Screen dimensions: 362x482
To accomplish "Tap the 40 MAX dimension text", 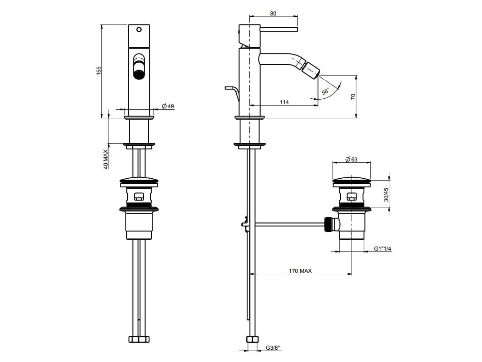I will point(106,160).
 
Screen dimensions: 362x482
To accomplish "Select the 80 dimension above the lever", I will point(273,14).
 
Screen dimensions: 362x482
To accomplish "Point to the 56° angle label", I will point(325,91).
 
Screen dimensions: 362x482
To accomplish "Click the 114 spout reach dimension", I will point(284,102).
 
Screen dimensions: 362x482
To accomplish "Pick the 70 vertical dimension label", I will point(353,96).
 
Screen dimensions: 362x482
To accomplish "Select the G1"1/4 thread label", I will point(383,248).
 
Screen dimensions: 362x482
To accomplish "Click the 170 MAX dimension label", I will point(300,271).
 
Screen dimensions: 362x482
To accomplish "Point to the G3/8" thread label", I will point(273,348).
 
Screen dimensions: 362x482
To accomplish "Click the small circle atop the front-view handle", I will point(139,30).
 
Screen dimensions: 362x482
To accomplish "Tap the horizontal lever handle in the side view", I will point(279,30).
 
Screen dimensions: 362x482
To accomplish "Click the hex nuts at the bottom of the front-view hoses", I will point(139,339).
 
